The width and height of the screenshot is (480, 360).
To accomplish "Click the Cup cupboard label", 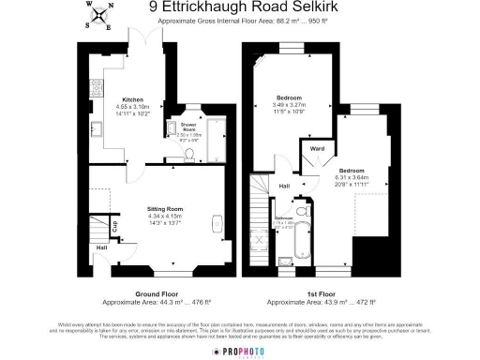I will [x=114, y=226].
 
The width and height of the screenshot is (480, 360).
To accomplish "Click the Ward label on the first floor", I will [x=317, y=147].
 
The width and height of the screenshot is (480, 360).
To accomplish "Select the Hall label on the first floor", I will [x=284, y=185].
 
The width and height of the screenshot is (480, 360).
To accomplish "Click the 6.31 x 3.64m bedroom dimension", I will [x=354, y=177].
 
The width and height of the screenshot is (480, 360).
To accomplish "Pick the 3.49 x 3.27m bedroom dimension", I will [x=290, y=105].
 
